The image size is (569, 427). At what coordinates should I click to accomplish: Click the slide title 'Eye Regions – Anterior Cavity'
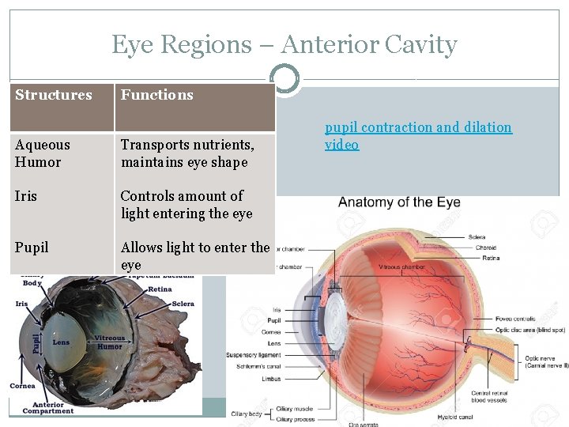(284, 45)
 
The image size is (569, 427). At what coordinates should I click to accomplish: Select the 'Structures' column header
(54, 95)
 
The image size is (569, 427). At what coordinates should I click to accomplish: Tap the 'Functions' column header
(156, 95)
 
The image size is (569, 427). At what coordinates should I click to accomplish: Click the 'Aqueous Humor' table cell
(43, 153)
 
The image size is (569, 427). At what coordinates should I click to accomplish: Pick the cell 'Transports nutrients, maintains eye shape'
(187, 153)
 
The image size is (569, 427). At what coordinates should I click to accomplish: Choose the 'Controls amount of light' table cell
(187, 205)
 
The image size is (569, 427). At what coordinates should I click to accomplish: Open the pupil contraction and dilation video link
(418, 135)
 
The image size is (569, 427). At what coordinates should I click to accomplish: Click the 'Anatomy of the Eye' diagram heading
(399, 202)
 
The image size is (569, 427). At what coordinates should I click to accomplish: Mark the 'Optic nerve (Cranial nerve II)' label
(545, 362)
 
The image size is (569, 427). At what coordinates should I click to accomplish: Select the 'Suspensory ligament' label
(254, 354)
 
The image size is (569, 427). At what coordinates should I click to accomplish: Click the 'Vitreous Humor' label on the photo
(110, 342)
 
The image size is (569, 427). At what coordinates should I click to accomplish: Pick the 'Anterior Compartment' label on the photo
(48, 407)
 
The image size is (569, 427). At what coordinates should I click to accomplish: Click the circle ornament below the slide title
(284, 79)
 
